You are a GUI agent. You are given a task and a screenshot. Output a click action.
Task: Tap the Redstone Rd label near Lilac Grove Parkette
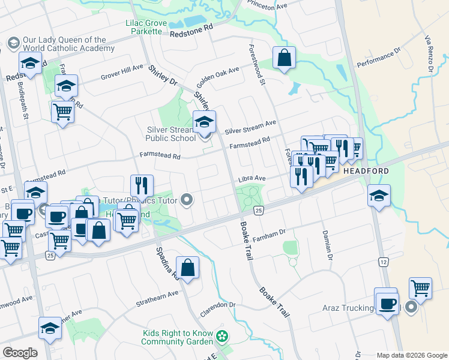point(191,32)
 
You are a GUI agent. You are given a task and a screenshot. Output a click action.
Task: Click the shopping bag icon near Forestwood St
point(285,58)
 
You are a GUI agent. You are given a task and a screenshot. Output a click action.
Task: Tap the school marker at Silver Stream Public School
point(205,122)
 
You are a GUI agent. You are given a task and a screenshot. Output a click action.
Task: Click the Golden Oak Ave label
point(218,77)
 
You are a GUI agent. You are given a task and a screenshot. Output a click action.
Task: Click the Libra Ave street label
point(252,179)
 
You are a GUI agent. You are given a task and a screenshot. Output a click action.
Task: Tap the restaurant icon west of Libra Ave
point(142,184)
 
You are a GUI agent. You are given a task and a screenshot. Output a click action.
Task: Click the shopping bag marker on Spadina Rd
point(188,267)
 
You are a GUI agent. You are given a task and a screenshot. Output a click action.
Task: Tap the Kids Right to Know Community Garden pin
point(223,336)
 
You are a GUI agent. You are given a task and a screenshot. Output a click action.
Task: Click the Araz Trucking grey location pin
point(411,308)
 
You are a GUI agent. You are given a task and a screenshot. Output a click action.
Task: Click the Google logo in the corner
point(20,353)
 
